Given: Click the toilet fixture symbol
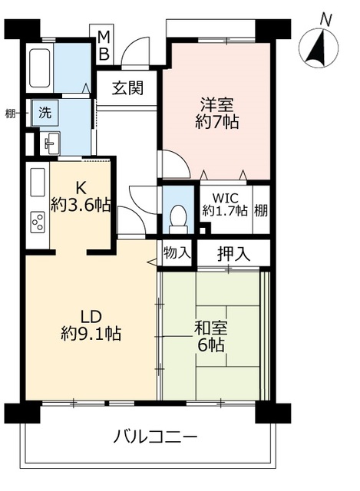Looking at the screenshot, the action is [x=178, y=218].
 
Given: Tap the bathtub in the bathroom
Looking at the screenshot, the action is [x=40, y=68].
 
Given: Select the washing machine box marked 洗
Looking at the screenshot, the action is [x=45, y=113].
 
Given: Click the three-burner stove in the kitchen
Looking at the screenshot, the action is [x=38, y=222].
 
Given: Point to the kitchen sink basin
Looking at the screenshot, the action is [x=38, y=182].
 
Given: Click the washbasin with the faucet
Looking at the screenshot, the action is [x=50, y=143].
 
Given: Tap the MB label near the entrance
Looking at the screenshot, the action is [x=104, y=46].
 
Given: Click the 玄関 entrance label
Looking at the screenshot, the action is [x=128, y=87].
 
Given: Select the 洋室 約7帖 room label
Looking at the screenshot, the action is [x=216, y=113].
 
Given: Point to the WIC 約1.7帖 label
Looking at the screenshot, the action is [x=225, y=205].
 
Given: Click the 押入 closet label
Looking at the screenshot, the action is [x=234, y=254].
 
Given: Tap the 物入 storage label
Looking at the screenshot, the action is [x=177, y=252].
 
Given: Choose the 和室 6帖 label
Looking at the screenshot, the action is [x=210, y=336].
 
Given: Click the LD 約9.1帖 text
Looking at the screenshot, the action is [x=91, y=325].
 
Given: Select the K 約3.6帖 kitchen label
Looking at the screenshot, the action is [x=81, y=197].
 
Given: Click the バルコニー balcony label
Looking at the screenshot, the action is [x=155, y=436].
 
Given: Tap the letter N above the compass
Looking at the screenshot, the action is [x=325, y=21].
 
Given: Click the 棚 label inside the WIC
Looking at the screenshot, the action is [x=261, y=210].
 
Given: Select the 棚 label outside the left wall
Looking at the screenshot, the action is [x=11, y=114].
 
